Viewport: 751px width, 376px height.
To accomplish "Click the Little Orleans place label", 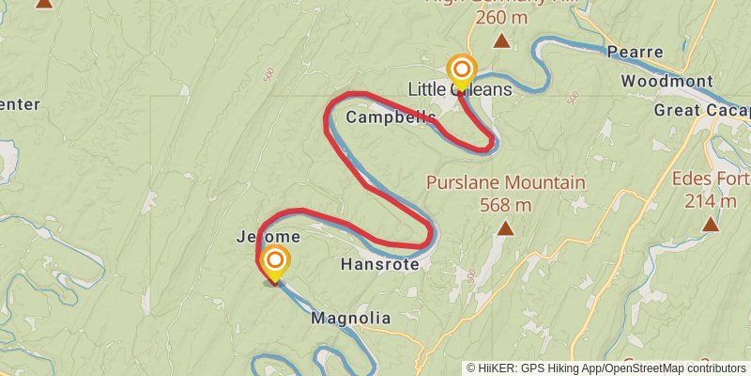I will (460, 89).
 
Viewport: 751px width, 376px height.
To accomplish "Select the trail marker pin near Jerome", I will (275, 262).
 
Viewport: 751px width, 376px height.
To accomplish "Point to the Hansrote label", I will (380, 265).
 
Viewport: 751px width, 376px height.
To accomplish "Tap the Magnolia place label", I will (350, 319).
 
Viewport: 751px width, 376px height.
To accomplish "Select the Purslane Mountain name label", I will (505, 182).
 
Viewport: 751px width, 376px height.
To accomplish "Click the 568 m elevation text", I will (505, 204).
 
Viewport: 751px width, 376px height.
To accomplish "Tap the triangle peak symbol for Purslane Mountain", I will (506, 227).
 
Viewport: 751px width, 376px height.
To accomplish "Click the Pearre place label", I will (636, 52).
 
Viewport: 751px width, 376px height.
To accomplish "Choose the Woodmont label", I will (667, 81).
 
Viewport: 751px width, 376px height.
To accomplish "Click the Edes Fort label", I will (711, 179).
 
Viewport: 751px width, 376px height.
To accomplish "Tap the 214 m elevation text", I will (711, 200).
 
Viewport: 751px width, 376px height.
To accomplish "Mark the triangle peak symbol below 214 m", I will (711, 224).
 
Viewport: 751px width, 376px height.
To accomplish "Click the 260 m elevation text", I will (501, 17).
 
